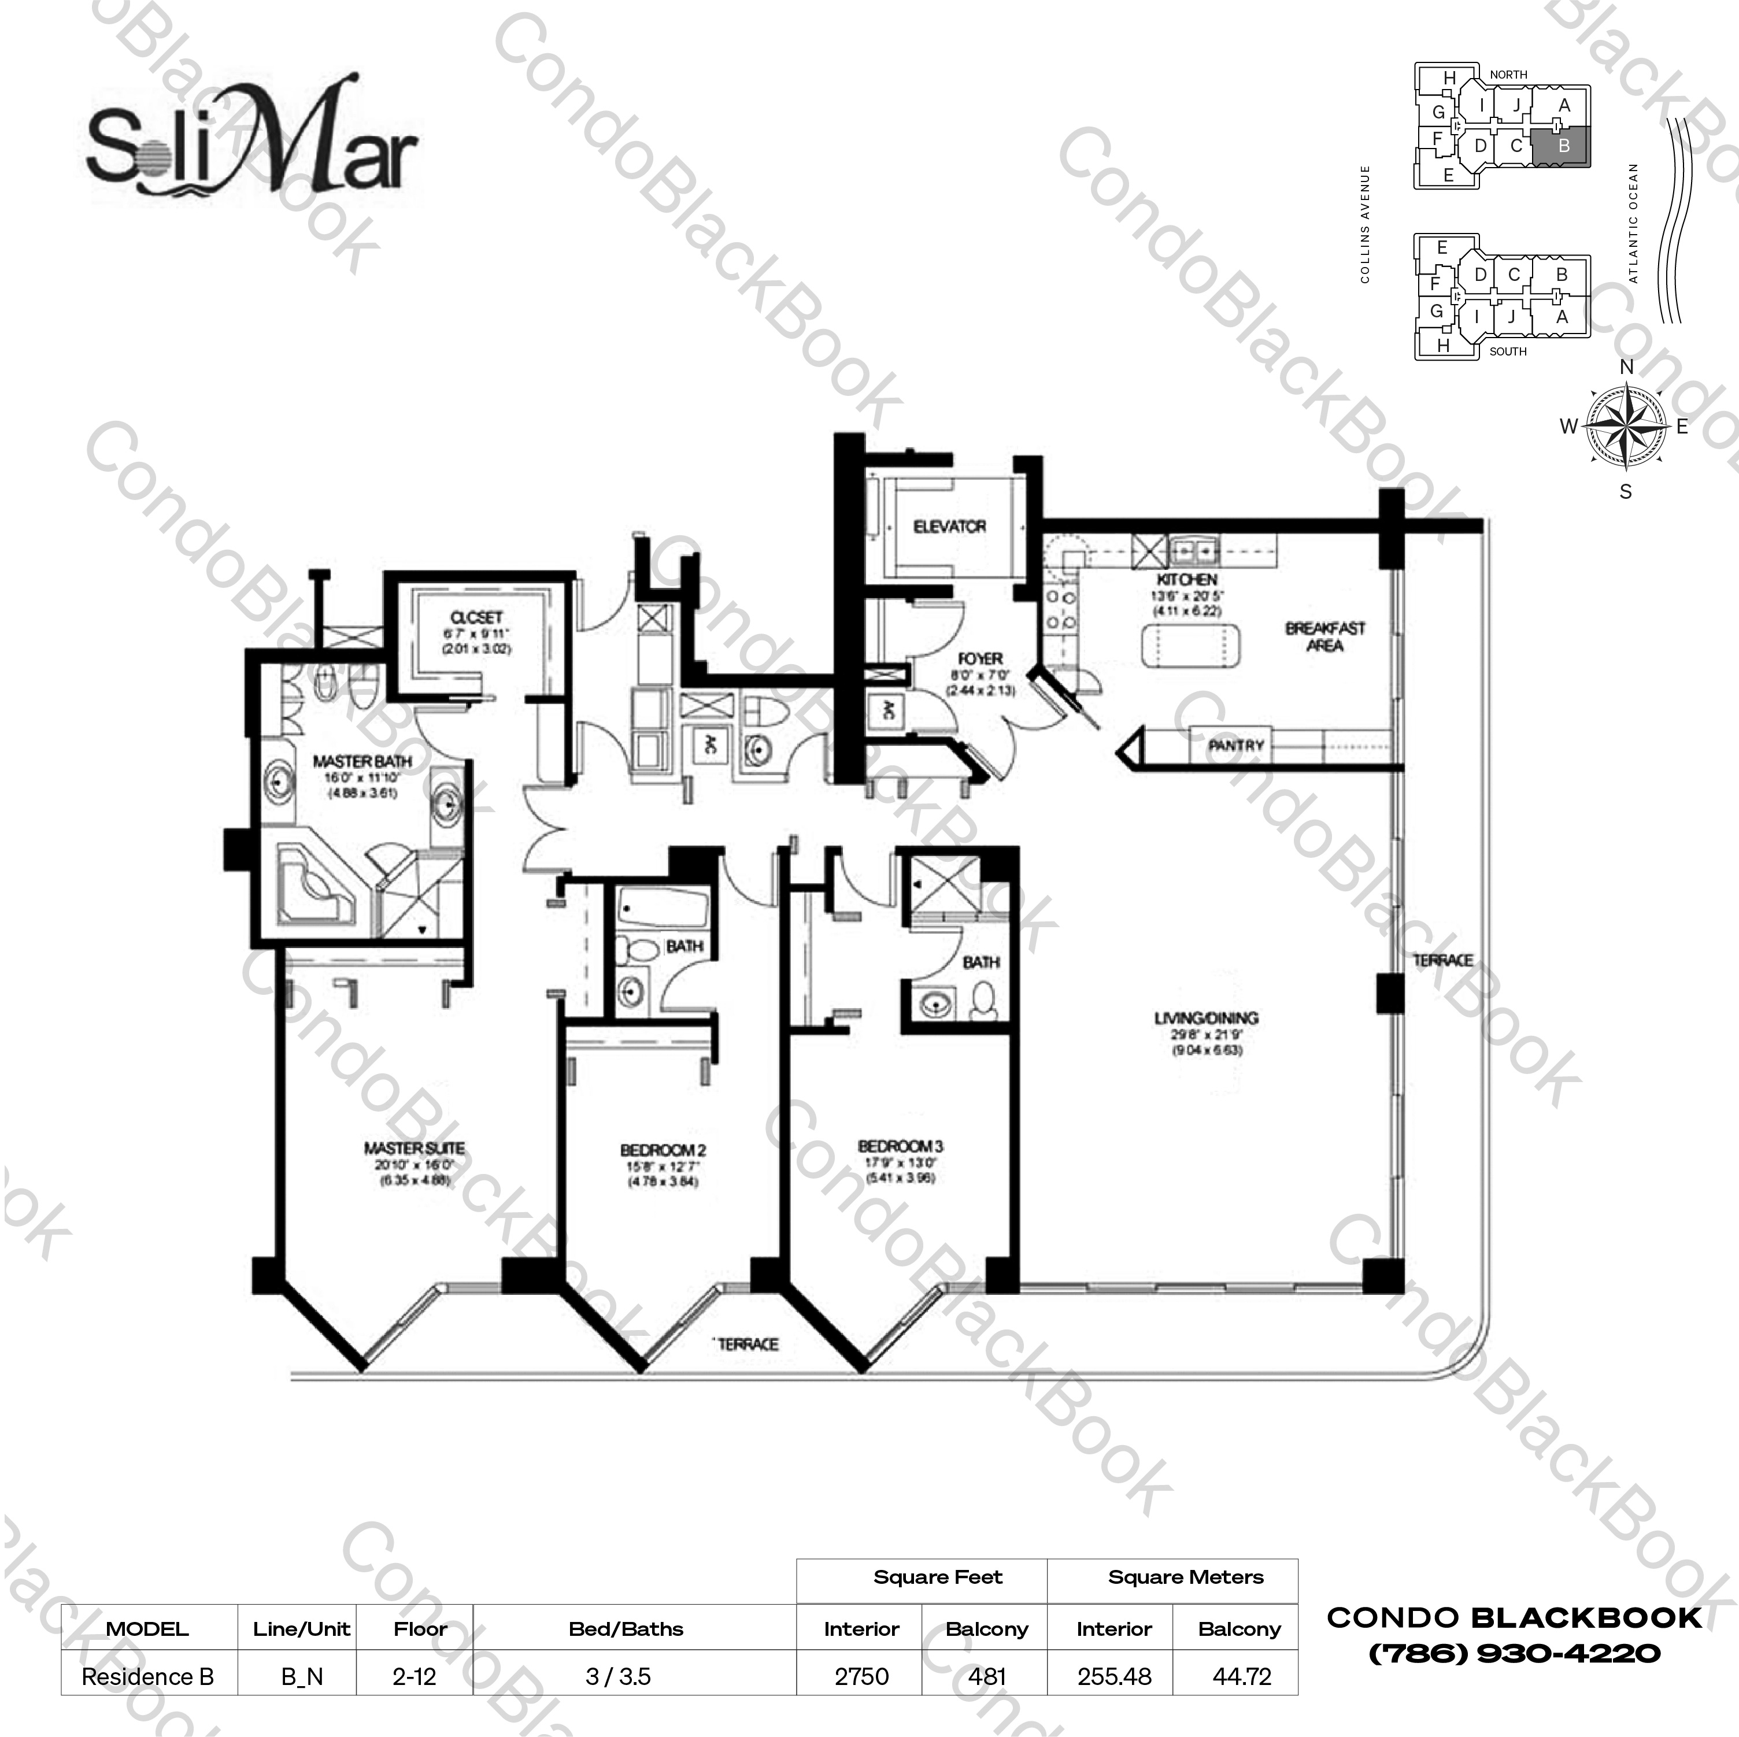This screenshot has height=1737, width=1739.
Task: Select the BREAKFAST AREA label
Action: pyautogui.click(x=1324, y=636)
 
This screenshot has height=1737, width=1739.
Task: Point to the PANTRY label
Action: pyautogui.click(x=1236, y=745)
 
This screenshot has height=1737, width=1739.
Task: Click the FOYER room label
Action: pyautogui.click(x=980, y=659)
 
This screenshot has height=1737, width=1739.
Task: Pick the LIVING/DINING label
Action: pyautogui.click(x=1206, y=1018)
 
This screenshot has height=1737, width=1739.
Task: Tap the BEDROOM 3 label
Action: pyautogui.click(x=899, y=1147)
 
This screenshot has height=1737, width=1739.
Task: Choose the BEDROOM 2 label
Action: pyautogui.click(x=663, y=1150)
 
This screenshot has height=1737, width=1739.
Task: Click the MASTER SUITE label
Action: pyautogui.click(x=414, y=1149)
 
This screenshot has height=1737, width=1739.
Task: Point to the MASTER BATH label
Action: pyautogui.click(x=362, y=761)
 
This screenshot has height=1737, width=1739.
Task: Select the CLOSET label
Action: pyautogui.click(x=476, y=617)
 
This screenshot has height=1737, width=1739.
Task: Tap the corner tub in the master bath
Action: pyautogui.click(x=315, y=887)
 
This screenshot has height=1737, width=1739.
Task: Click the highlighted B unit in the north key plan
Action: pyautogui.click(x=1563, y=146)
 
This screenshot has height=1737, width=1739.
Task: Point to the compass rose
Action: pyautogui.click(x=1625, y=427)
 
